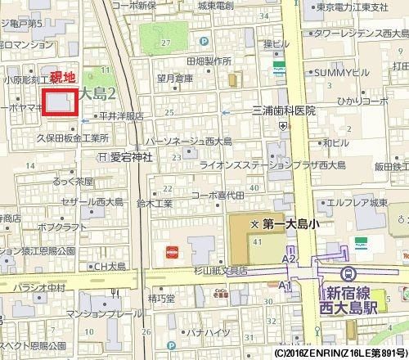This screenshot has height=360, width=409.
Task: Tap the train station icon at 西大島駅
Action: click(349, 274)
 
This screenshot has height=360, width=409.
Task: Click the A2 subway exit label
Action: click(287, 258)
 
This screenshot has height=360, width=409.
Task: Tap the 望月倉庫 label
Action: click(175, 79)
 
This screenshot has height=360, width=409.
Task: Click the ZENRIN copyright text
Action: click(338, 353)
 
